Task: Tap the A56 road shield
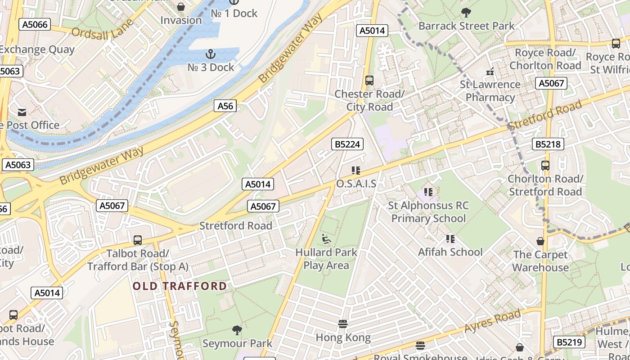coord(225,106)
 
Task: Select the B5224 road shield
coord(347,144)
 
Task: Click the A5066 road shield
coord(34,24)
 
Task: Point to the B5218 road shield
coord(548,144)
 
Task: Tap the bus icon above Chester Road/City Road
coord(369,81)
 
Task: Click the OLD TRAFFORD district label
coord(180,286)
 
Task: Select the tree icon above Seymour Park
coord(237,331)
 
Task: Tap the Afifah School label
coord(450,252)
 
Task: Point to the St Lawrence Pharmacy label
coord(490,91)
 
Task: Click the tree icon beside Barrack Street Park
coord(466,13)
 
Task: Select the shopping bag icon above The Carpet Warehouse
coord(540,242)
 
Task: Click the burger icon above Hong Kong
coord(343,324)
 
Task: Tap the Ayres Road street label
coord(493,321)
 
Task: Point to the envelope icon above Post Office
coord(22,112)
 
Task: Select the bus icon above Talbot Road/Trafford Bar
coord(138,240)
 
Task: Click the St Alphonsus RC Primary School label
coord(428,212)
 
